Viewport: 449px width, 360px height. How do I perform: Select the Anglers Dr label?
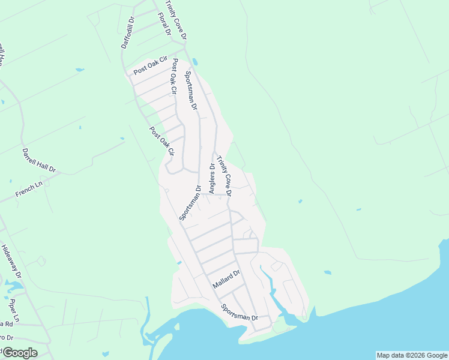click(211, 178)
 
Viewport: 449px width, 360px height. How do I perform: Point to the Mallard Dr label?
click(225, 280)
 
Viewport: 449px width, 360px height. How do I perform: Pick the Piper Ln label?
click(15, 309)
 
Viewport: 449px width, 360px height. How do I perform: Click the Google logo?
click(19, 352)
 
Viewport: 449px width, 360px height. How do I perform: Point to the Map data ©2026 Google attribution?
click(412, 355)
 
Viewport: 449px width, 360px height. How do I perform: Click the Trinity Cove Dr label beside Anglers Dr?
click(224, 176)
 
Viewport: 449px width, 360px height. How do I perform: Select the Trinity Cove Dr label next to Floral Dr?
click(176, 20)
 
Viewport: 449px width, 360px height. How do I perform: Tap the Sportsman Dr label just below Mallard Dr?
click(239, 313)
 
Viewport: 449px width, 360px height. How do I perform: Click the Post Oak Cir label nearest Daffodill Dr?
click(149, 68)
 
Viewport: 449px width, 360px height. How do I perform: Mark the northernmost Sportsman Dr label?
click(191, 90)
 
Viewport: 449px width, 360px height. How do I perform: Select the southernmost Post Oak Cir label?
click(161, 141)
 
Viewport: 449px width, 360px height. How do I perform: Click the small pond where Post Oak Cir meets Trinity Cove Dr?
click(195, 62)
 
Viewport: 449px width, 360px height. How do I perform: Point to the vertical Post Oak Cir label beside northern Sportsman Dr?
click(175, 76)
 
